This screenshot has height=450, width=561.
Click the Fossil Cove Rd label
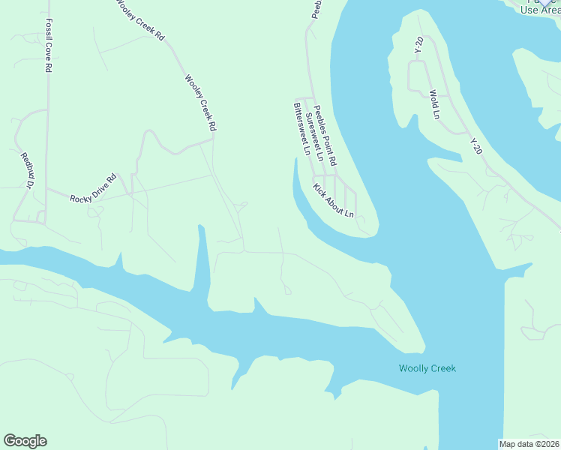[x=48, y=46]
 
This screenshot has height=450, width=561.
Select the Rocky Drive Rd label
[x=93, y=188]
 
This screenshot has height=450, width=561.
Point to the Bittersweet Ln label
[x=301, y=128]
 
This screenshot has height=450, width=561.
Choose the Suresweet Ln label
[x=313, y=137]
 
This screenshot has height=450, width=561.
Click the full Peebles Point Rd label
[x=325, y=135]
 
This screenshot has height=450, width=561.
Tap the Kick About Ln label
[x=333, y=199]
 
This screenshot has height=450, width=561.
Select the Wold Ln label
[x=433, y=105]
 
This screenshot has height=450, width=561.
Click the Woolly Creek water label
[x=427, y=368]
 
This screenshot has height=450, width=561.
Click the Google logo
[x=25, y=441]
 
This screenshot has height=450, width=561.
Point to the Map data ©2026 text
[x=529, y=443]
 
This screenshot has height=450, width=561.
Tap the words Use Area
[x=540, y=10]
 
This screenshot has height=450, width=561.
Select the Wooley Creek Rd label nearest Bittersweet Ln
[x=200, y=103]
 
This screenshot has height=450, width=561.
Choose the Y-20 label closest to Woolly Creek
[x=475, y=146]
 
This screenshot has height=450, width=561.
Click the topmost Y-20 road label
[x=418, y=45]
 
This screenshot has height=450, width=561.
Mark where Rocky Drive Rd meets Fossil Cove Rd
[x=47, y=189]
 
